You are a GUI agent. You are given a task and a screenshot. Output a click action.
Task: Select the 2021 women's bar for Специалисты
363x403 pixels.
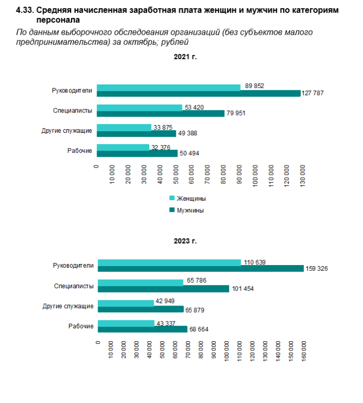(x=139, y=107)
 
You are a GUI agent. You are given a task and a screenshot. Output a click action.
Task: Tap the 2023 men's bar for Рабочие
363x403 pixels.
(x=143, y=329)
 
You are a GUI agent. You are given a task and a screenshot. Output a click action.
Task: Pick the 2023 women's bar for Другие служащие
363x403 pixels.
(x=126, y=302)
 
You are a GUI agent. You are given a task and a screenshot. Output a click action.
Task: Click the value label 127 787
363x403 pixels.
(x=314, y=93)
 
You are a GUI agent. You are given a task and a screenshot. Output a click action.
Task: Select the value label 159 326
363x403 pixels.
(x=317, y=269)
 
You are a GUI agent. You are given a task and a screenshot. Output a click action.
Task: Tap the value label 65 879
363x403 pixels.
(x=196, y=310)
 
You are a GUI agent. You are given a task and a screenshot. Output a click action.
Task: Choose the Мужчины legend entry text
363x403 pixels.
(x=190, y=211)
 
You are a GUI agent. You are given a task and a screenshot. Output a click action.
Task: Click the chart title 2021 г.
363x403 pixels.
(x=185, y=57)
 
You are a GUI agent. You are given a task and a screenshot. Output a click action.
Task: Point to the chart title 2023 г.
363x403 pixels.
(x=185, y=241)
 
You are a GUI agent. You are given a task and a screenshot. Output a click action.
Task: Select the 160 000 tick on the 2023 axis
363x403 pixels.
(x=304, y=353)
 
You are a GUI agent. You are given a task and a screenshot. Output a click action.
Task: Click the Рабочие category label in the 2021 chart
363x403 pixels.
(x=80, y=150)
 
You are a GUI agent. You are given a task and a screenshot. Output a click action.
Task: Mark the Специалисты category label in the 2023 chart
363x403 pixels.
(x=74, y=286)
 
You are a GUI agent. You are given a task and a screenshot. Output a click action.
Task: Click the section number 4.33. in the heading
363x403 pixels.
(x=25, y=10)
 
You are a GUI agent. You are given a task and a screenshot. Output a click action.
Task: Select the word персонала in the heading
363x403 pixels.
(x=58, y=20)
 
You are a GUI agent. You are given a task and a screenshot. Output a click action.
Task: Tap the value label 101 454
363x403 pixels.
(x=243, y=289)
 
